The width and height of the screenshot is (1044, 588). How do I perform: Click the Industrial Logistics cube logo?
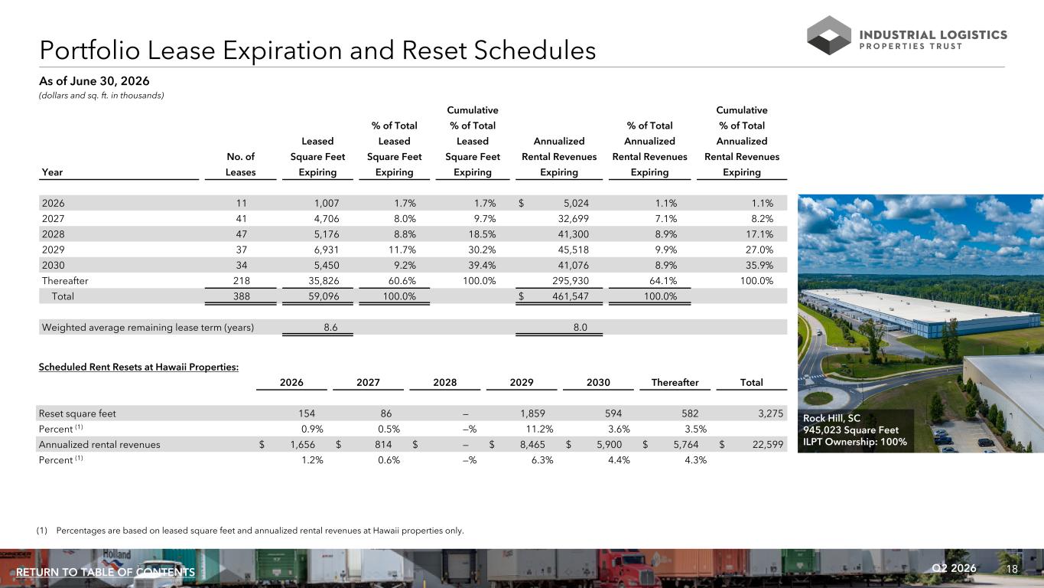[829, 35]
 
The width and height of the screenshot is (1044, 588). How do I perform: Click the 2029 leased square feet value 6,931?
[327, 250]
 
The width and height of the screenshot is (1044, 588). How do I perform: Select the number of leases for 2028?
[241, 234]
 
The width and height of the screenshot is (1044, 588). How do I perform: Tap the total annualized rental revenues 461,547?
[571, 296]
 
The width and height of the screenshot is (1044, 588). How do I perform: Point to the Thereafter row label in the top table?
[65, 281]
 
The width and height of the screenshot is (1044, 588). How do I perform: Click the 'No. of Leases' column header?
[240, 165]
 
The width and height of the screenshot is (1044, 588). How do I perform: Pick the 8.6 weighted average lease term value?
[330, 328]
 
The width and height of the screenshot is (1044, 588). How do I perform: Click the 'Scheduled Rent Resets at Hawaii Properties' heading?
[138, 367]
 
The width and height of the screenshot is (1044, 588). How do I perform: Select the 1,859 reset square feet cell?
[533, 413]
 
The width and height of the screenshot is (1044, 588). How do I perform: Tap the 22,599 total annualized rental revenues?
[768, 445]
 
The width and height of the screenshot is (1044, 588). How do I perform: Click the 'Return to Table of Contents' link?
[106, 572]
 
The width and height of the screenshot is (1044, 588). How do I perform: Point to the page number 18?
[1012, 569]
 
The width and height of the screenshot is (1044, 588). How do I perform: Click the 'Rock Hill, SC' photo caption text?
[831, 418]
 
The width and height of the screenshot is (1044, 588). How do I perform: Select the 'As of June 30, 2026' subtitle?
[94, 81]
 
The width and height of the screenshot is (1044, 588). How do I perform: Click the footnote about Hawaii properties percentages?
[250, 531]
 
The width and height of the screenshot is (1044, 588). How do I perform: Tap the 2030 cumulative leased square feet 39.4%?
[482, 266]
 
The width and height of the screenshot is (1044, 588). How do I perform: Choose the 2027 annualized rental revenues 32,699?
[574, 219]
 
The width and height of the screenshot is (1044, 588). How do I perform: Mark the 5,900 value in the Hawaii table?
[609, 445]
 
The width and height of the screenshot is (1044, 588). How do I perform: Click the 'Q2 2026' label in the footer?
[954, 568]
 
